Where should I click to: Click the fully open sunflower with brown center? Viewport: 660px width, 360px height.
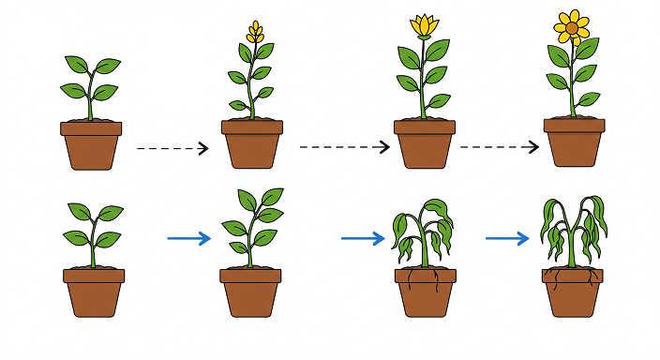[x=571, y=28]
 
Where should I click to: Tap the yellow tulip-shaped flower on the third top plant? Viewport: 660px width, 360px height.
[x=425, y=26]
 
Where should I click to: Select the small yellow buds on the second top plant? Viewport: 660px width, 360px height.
[x=254, y=34]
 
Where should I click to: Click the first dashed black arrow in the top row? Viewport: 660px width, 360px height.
[x=172, y=148]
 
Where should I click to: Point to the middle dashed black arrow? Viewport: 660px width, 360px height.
[x=344, y=146]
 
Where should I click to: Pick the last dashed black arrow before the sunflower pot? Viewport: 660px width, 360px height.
[x=500, y=146]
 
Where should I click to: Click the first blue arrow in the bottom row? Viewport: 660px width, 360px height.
[x=188, y=238]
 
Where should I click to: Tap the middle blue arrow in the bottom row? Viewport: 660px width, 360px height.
[x=363, y=238]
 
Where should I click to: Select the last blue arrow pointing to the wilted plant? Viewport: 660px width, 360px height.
[x=507, y=238]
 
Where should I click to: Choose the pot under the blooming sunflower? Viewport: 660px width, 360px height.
[x=574, y=142]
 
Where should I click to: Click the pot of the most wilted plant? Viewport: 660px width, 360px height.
[x=572, y=292]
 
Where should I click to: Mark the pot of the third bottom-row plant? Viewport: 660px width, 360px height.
[x=427, y=292]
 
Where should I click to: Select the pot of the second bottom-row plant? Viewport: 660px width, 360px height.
[x=250, y=292]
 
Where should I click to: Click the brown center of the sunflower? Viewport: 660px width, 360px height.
[x=571, y=28]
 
